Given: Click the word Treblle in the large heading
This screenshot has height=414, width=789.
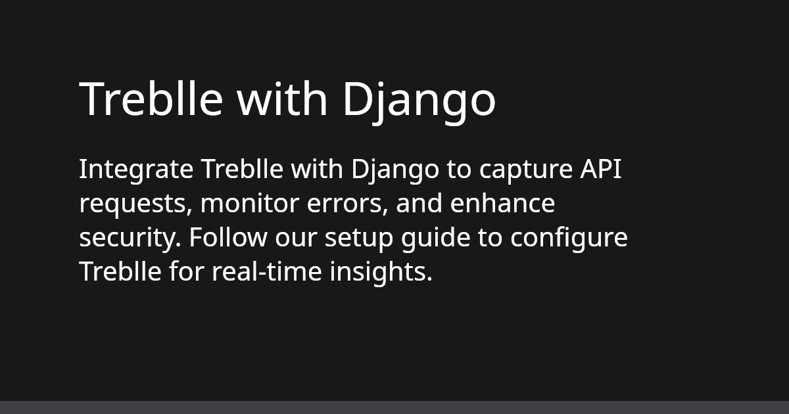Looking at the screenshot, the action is point(151,99).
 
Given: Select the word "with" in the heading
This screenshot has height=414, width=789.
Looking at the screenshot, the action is point(282,98).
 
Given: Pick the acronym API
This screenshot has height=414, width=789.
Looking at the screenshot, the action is point(601,170).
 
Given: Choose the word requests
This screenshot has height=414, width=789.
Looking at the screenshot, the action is point(136,205).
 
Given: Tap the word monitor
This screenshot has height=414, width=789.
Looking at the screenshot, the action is point(250,204).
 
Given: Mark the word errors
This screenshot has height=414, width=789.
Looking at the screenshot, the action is point(348,204).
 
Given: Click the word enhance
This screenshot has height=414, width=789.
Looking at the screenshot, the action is point(502,203).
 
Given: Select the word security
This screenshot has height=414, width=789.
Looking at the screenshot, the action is point(130,239).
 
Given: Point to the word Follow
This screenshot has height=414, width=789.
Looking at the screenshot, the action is point(228,237).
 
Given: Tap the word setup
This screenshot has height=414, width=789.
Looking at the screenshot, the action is point(359,239).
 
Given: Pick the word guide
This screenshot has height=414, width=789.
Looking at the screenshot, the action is point(436,239).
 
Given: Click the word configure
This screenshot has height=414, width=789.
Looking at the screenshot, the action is point(569,239).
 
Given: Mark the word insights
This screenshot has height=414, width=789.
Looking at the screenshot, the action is point(381,273).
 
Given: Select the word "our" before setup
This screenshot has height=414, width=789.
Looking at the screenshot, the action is point(296,239).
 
